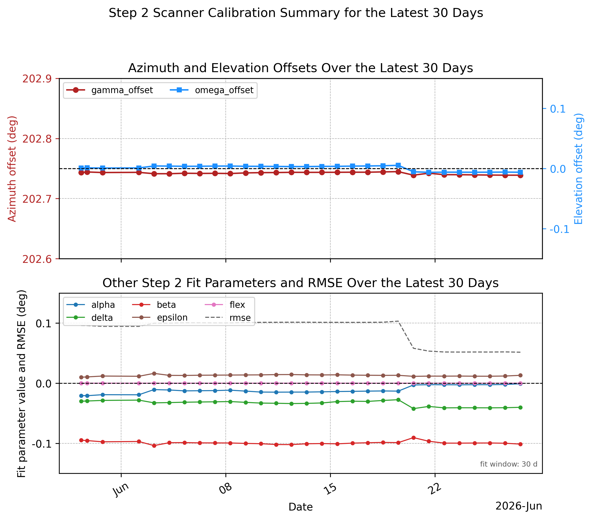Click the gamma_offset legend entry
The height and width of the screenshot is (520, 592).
(x=109, y=90)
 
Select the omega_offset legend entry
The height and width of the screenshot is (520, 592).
(x=211, y=90)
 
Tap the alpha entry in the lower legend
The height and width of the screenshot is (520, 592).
(x=91, y=305)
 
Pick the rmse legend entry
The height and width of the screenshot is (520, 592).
(x=228, y=318)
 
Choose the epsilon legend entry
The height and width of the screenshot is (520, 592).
(x=160, y=318)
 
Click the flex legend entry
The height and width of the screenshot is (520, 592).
(x=225, y=305)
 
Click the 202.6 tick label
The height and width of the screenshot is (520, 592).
(x=37, y=259)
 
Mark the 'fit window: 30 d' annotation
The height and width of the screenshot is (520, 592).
(x=509, y=464)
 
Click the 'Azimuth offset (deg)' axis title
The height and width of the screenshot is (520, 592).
(x=12, y=169)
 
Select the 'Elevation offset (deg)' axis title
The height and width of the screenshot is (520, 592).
(x=578, y=169)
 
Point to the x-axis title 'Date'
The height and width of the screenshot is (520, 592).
(x=301, y=507)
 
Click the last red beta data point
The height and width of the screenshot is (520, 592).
(x=520, y=444)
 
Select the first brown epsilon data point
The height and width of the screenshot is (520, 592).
(x=81, y=377)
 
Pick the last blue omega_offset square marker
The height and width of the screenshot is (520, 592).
(x=520, y=172)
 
